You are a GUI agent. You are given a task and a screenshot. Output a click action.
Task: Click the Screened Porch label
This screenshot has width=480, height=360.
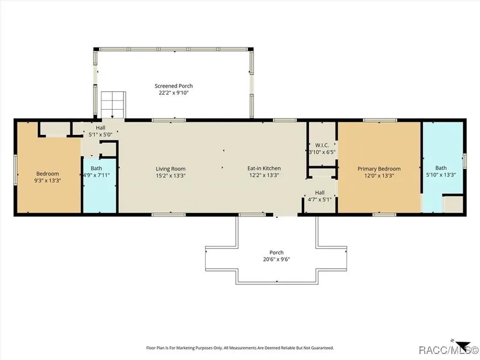point(173,86)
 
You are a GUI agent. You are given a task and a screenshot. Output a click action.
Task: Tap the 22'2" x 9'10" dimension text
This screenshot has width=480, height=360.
point(173,93)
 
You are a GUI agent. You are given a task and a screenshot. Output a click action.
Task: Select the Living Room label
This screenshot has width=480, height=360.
point(170,169)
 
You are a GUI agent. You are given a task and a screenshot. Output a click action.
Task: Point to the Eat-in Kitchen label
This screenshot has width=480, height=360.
point(264,169)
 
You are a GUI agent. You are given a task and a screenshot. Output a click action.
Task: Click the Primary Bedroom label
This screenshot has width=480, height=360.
point(379,169)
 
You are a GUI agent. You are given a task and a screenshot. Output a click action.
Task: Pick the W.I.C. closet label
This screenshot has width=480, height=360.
point(322,145)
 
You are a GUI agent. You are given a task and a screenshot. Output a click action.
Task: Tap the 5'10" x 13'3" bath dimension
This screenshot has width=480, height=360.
point(441,175)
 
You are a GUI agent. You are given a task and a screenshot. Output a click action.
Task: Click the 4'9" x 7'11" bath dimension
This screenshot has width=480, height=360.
point(97,175)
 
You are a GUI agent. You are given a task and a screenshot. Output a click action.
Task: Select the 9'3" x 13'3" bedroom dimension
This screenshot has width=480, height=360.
point(47,181)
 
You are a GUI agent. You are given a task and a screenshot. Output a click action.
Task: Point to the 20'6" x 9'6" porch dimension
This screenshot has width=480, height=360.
point(277,259)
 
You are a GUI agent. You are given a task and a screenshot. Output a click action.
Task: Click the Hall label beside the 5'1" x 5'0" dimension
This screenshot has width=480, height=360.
point(100,128)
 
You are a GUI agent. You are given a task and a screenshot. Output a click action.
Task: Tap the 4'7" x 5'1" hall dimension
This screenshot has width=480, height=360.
point(320,200)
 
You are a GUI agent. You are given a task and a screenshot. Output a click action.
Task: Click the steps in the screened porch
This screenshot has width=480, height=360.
point(113,104)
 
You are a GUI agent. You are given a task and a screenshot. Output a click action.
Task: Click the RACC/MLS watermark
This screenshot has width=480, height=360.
point(448,350)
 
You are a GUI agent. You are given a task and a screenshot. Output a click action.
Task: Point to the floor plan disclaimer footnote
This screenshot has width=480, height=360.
point(240,348)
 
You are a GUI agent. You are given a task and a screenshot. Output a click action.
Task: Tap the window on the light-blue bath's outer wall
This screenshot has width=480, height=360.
point(464,161)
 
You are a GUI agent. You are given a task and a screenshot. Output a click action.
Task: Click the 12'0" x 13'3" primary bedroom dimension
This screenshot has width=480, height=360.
point(379,175)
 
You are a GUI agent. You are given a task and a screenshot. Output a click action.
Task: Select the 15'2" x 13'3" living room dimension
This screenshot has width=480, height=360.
point(170,175)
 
